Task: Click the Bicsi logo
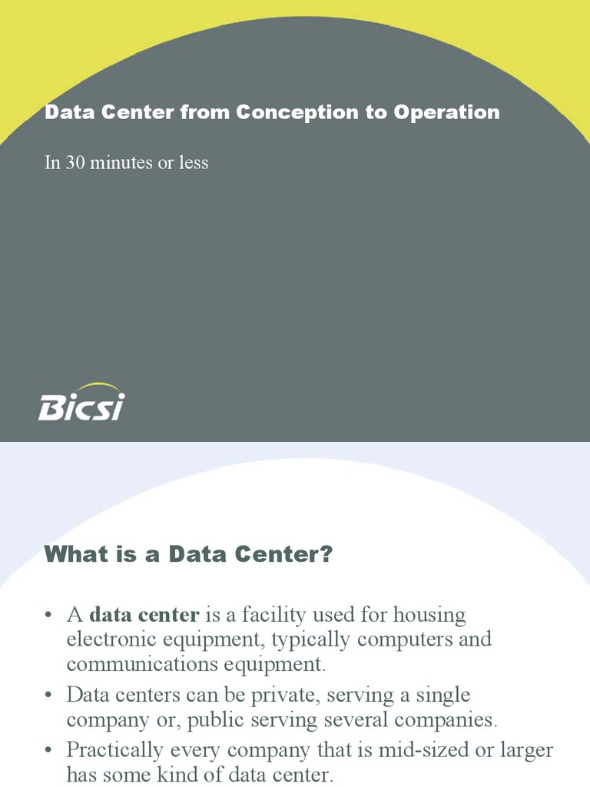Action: (81, 403)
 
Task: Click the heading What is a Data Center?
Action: (188, 554)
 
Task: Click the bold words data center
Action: (144, 615)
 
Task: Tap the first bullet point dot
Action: (48, 616)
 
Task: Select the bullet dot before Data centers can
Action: (48, 696)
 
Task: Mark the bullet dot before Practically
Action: (48, 749)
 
